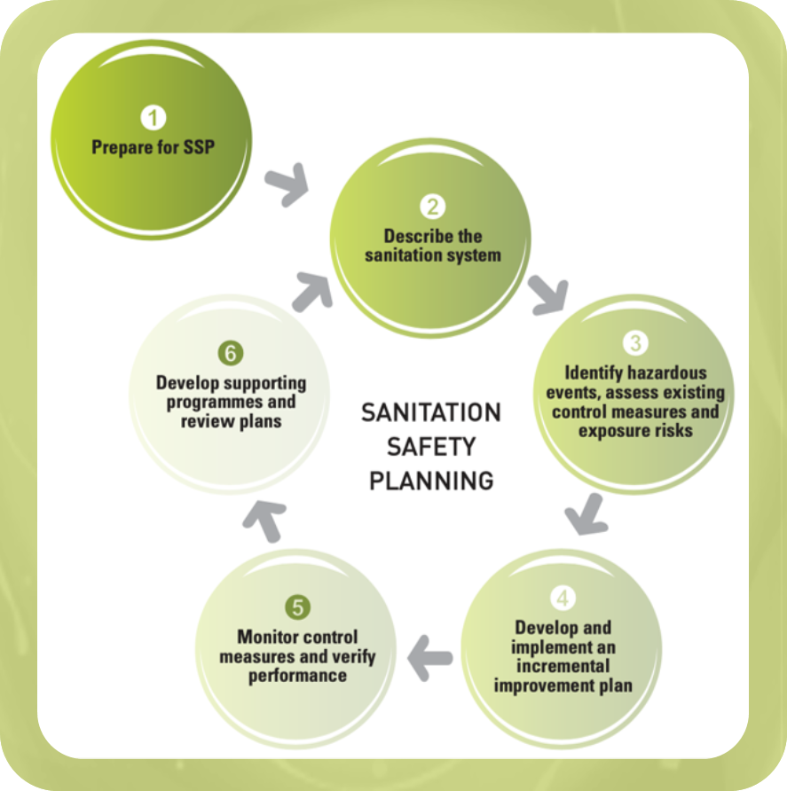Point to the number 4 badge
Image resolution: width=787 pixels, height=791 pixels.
coord(563,599)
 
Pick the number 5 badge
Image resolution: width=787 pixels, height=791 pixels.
coord(297,607)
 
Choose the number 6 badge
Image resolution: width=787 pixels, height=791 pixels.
coord(231,354)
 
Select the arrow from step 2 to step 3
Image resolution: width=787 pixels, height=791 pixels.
coord(548,294)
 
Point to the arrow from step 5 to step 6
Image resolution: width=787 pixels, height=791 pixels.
coord(264,521)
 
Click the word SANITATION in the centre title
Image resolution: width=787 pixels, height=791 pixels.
coord(431,413)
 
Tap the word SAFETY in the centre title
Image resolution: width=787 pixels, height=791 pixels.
coord(431,446)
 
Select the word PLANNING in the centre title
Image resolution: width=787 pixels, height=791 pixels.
coord(431,481)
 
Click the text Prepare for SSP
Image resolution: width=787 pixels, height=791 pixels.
coord(153,147)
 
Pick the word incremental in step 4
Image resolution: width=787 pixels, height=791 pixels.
coord(563,665)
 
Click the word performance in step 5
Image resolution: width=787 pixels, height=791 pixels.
coord(297,676)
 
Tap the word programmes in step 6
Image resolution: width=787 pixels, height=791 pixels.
coord(226,403)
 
